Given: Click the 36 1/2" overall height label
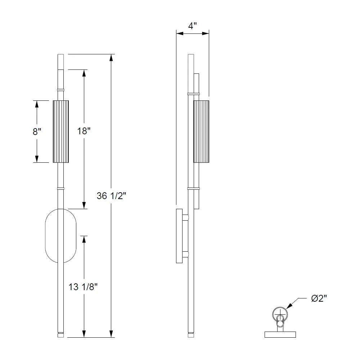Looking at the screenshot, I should pyautogui.click(x=111, y=196).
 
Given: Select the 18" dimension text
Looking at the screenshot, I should pyautogui.click(x=84, y=131).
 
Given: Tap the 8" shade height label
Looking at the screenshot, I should pyautogui.click(x=37, y=131).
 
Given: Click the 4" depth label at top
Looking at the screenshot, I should pyautogui.click(x=193, y=26).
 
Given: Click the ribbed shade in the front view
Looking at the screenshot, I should pyautogui.click(x=60, y=131).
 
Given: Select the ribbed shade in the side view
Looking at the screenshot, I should pyautogui.click(x=201, y=131).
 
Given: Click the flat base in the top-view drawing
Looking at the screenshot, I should pyautogui.click(x=280, y=334).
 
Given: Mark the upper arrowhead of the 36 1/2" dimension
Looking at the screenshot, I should pyautogui.click(x=112, y=58).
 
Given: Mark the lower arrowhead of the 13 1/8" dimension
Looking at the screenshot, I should pyautogui.click(x=84, y=334).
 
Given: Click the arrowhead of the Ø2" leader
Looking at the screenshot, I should pyautogui.click(x=289, y=307).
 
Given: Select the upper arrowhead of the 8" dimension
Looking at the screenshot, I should pyautogui.click(x=37, y=104).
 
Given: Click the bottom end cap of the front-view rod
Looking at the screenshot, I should pyautogui.click(x=60, y=335).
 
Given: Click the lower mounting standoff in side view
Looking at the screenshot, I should pyautogui.click(x=185, y=255).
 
